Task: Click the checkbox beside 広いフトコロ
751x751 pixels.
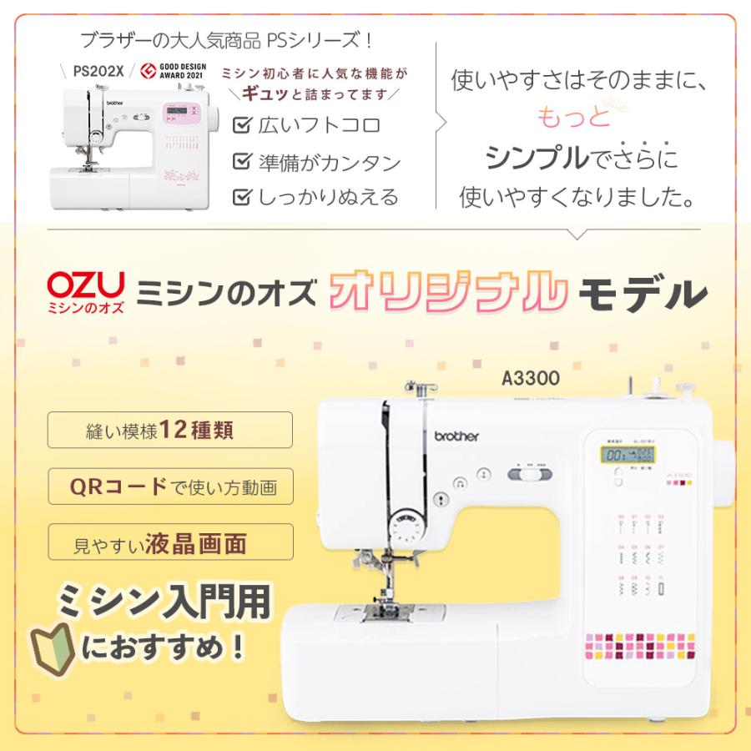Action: click(x=244, y=125)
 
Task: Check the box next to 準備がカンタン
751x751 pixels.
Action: click(x=244, y=161)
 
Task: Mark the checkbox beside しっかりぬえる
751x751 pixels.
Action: click(x=244, y=197)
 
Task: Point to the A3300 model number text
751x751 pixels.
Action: click(x=531, y=377)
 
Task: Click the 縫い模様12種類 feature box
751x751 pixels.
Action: click(x=170, y=431)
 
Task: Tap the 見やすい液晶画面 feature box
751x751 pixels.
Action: click(x=170, y=542)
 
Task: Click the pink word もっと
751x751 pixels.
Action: click(x=573, y=118)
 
